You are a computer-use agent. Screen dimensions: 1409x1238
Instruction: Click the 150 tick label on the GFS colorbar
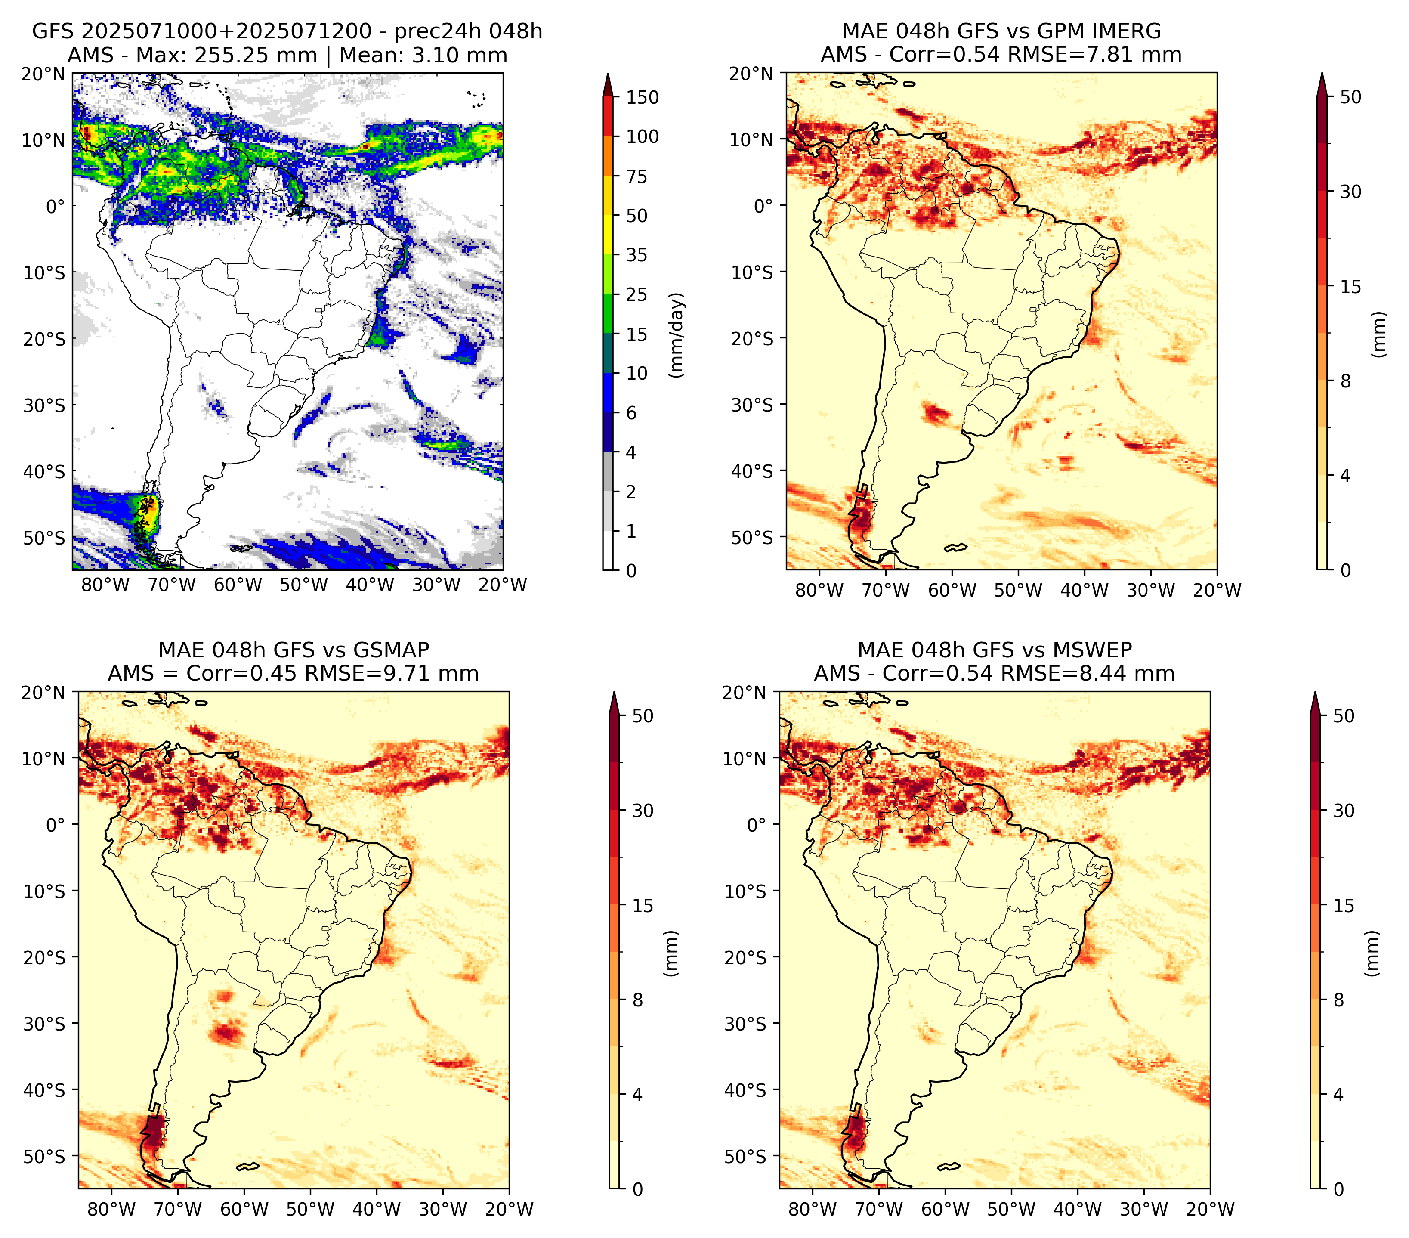(643, 97)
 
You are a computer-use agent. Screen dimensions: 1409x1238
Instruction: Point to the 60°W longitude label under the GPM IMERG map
(952, 590)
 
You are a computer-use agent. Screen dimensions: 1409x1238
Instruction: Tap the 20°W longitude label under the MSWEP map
(1210, 1210)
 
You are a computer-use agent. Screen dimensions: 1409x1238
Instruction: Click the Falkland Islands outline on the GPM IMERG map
(955, 547)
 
